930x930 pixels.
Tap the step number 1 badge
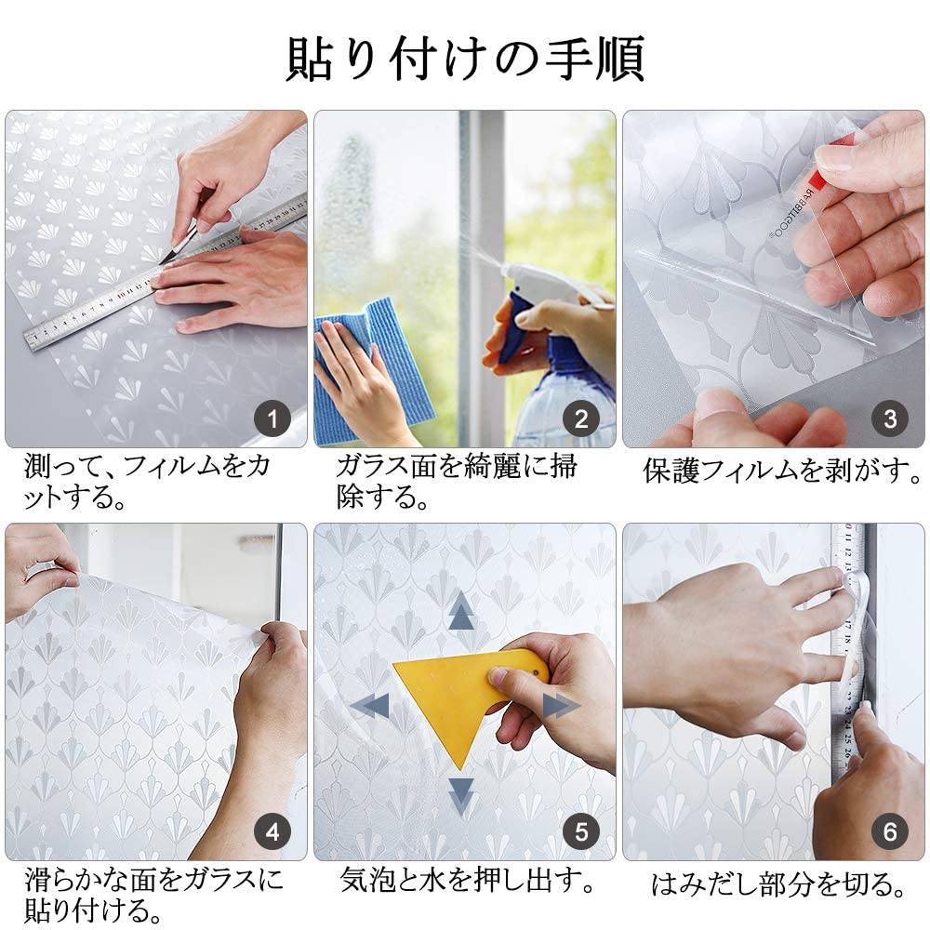(x=272, y=418)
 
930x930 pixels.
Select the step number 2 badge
(x=581, y=418)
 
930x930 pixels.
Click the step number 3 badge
(x=890, y=418)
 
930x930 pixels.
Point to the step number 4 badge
(x=272, y=831)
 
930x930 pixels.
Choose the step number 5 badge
(x=581, y=831)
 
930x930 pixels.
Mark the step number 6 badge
(x=890, y=831)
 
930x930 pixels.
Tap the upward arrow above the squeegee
(x=461, y=611)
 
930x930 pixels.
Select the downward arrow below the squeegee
(x=461, y=796)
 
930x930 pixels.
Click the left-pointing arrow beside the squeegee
(x=370, y=706)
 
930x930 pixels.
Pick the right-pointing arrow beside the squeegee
(x=561, y=706)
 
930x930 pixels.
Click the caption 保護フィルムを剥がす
(x=782, y=471)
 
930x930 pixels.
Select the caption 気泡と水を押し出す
(x=468, y=880)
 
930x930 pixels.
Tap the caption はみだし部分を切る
(x=779, y=885)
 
